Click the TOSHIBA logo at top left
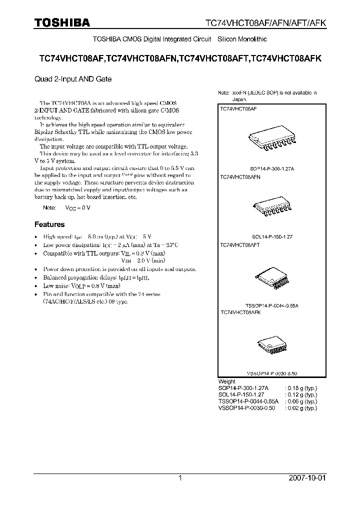pos(61,22)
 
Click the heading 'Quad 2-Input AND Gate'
pos(73,79)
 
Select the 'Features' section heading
pos(49,224)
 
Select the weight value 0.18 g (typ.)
pos(300,388)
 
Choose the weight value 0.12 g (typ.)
pos(300,394)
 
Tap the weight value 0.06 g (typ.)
pos(300,401)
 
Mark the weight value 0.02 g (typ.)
pos(300,408)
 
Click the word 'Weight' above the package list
pos(227,381)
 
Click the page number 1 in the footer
pos(180,478)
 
